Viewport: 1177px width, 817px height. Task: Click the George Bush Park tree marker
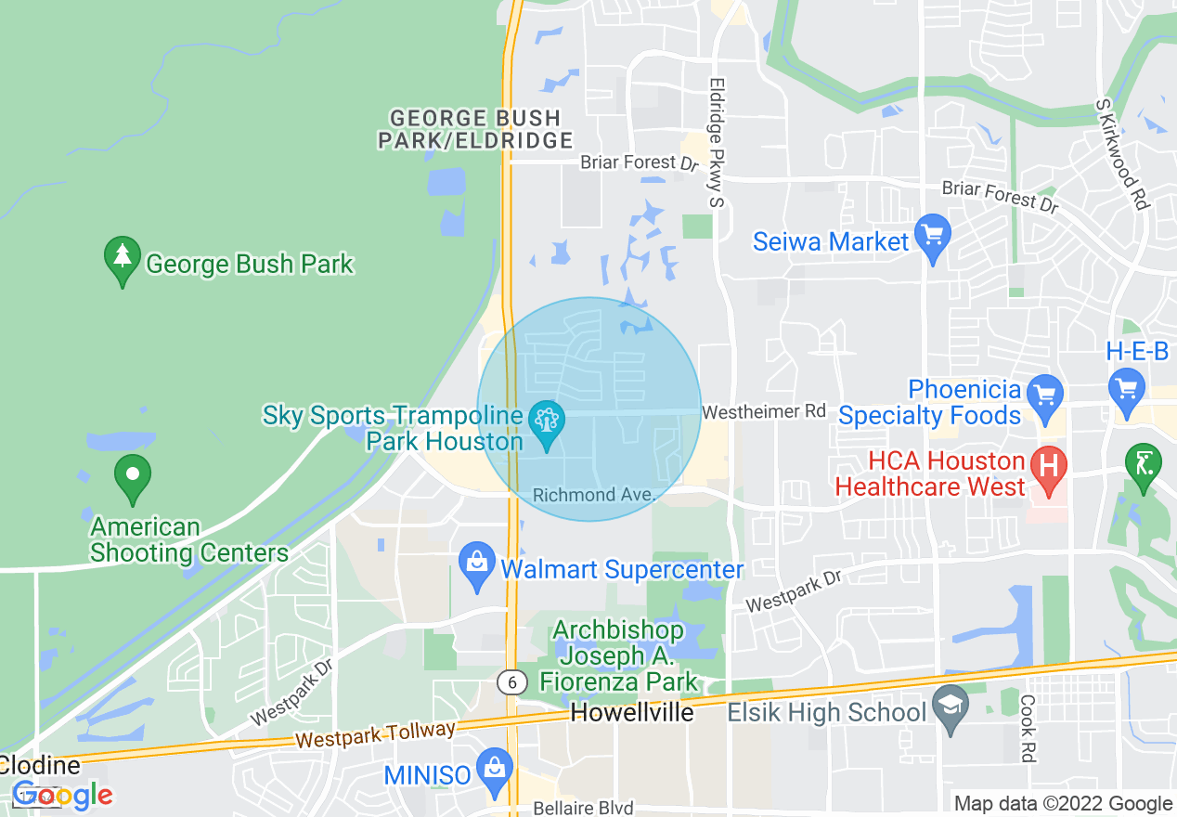click(122, 261)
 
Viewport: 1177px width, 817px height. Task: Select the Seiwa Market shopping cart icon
click(932, 239)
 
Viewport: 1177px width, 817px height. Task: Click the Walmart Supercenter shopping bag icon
click(478, 566)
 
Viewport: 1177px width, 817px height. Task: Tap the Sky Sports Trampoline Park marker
click(546, 425)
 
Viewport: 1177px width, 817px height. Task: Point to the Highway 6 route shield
click(511, 682)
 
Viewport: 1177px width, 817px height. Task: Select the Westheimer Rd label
click(763, 410)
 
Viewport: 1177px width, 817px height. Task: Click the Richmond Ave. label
click(594, 495)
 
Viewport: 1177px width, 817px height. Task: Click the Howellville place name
click(632, 713)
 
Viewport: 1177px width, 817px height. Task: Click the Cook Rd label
click(1028, 729)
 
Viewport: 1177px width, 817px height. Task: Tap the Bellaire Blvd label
click(583, 809)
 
